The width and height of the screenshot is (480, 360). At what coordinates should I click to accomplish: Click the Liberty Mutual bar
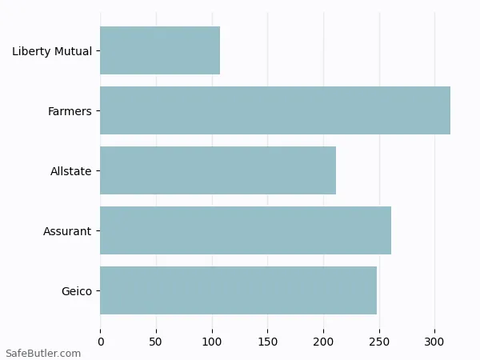coord(160,50)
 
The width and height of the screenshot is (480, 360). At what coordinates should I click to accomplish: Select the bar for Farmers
coord(275,110)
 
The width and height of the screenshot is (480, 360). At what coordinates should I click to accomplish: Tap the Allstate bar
coord(218,170)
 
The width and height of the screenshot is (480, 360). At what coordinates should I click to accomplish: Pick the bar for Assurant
coord(246,230)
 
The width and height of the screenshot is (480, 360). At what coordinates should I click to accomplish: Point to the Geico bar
coord(238,290)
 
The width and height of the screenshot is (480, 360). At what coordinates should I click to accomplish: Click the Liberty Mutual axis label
coord(52,51)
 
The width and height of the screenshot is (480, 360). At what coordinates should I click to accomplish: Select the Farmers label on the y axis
coord(70,111)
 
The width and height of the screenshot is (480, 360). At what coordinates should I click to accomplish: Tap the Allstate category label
coord(71,171)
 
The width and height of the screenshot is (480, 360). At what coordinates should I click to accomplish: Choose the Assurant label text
coord(67,231)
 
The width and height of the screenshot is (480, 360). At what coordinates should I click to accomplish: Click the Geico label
coord(77,291)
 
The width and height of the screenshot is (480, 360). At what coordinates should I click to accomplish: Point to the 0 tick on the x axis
coord(101,342)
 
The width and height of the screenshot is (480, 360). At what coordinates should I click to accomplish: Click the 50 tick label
coord(156,342)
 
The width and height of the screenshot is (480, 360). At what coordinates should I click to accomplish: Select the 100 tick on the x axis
coord(212,342)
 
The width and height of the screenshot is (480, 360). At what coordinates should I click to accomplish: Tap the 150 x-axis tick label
coord(268,342)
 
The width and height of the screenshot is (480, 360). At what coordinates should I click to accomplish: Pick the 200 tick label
coord(323,342)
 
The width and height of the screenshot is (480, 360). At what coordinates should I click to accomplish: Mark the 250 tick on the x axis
coord(379,342)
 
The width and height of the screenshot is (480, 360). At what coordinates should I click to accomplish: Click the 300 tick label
coord(435,342)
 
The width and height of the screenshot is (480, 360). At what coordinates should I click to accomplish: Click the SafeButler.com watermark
coord(43,353)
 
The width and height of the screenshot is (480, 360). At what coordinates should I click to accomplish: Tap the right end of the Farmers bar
coord(450,110)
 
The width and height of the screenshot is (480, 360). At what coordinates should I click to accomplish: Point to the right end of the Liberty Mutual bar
coord(219,50)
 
